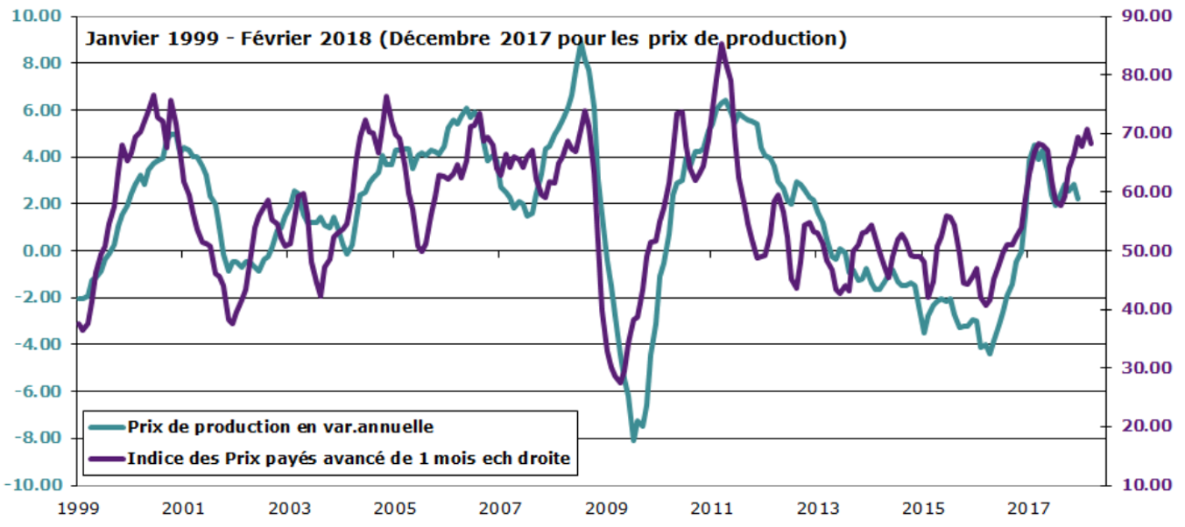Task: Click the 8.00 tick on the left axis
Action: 44,63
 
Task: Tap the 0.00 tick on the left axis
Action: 44,250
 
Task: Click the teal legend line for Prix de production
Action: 106,427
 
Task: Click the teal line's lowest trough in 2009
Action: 633,439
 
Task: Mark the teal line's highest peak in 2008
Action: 580,44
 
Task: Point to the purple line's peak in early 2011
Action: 720,44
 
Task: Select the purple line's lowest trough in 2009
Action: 620,382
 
